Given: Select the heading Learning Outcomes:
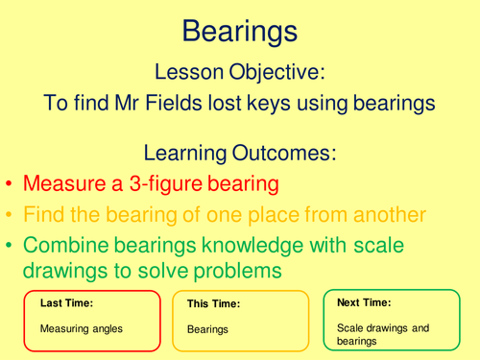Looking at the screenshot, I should click(239, 154).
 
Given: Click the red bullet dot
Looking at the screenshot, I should click(10, 183).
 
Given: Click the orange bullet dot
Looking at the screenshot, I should click(10, 213).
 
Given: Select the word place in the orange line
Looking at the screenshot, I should click(276, 213).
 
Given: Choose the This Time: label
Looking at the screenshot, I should click(213, 304).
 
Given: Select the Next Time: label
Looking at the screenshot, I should click(362, 302).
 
